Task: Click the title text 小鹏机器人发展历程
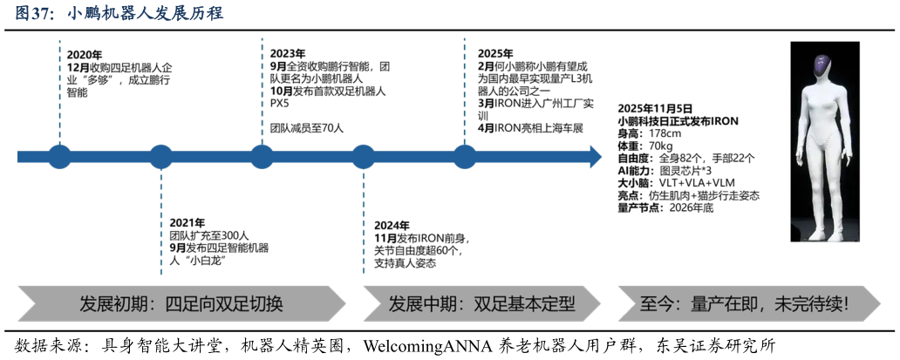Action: [145, 15]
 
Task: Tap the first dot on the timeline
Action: [59, 157]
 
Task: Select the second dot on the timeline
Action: [161, 157]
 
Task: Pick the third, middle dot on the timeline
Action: [262, 157]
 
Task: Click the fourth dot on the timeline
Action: [364, 157]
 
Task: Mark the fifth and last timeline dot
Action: [465, 157]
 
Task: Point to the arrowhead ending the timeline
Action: [596, 157]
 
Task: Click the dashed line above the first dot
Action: [59, 92]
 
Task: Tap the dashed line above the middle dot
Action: [262, 92]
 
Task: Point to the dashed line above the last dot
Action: [465, 92]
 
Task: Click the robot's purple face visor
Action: [822, 65]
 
